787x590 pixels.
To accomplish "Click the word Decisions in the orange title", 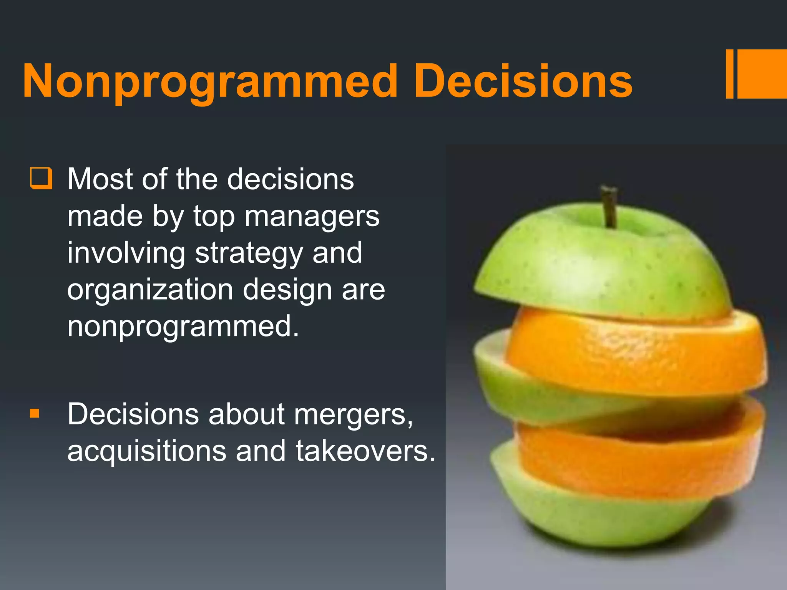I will coord(523,82).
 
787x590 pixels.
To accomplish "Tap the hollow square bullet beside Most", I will coord(41,178).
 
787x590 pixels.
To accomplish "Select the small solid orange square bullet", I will coord(35,413).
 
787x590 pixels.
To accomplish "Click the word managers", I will coord(312,217).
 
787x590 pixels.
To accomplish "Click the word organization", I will coord(150,290).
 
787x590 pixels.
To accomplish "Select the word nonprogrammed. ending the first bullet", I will coord(183,326).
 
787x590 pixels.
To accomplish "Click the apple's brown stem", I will coord(609,206).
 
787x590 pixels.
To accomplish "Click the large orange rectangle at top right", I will coord(762,74).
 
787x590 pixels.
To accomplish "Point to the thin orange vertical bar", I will coord(729,74).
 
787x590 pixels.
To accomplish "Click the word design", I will coord(287,290).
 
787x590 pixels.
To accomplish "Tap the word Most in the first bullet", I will coord(101,179).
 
